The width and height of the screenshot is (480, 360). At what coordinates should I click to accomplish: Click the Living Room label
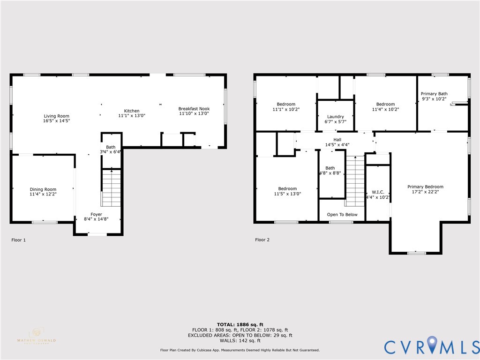[57, 116]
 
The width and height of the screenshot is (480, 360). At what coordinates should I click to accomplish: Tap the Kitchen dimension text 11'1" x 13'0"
[131, 115]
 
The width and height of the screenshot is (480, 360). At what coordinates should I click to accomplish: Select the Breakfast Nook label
[194, 109]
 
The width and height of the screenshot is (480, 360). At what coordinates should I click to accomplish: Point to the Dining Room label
[43, 189]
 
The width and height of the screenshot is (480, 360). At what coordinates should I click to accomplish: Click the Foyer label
[96, 214]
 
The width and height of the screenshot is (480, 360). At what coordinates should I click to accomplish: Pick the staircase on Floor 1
[112, 188]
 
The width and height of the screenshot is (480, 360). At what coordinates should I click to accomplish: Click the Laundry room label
[336, 117]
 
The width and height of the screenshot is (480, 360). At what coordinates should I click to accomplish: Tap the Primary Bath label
[434, 94]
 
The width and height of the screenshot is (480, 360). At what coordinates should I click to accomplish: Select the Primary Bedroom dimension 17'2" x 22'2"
[425, 192]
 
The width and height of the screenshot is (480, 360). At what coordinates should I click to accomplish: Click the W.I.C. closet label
[378, 192]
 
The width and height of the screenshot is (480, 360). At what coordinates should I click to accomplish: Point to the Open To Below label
[342, 215]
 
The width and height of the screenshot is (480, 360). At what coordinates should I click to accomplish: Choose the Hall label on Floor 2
[337, 139]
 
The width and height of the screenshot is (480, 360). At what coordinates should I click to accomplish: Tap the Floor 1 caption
[19, 240]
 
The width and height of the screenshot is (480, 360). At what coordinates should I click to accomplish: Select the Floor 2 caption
[262, 240]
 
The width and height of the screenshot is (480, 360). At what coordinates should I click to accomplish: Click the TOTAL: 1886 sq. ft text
[240, 325]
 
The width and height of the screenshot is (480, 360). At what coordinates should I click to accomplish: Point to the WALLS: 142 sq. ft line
[240, 341]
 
